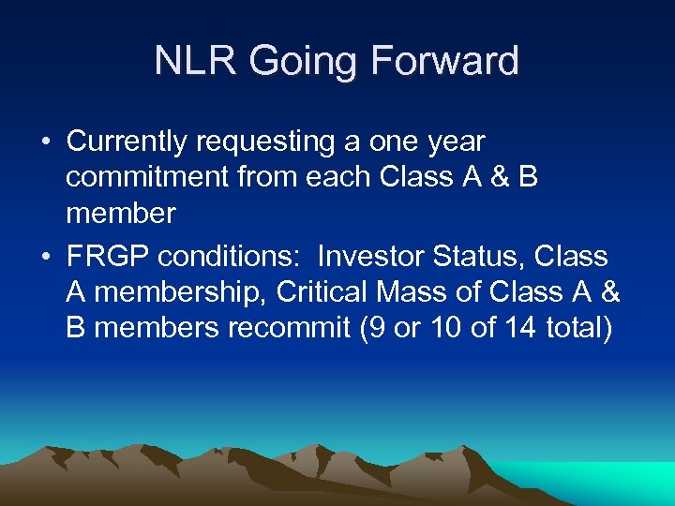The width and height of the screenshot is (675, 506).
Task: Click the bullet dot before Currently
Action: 46,142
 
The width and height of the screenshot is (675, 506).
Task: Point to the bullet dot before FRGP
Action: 46,257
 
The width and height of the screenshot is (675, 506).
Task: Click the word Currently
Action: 129,142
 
